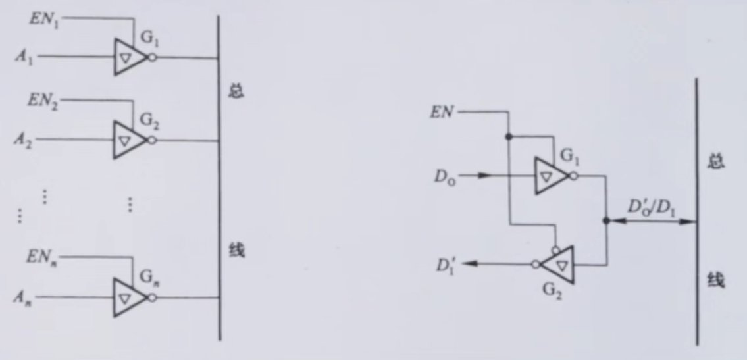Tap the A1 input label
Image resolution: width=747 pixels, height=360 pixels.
(x=24, y=58)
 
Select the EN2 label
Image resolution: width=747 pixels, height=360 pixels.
(x=43, y=102)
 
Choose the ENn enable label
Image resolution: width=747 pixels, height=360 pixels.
(x=42, y=259)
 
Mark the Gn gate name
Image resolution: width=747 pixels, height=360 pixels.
(x=149, y=277)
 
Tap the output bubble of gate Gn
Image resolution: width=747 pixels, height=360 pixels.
(x=153, y=297)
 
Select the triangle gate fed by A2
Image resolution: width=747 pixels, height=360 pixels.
(x=130, y=140)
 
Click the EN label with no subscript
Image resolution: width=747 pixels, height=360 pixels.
(x=442, y=113)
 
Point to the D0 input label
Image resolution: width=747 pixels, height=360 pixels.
(x=444, y=176)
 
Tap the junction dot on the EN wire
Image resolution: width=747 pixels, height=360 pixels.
(x=509, y=137)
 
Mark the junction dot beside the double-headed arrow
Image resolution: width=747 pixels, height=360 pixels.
(x=606, y=221)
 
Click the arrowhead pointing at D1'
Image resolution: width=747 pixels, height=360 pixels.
(x=469, y=264)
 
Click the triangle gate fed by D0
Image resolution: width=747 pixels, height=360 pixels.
(x=551, y=176)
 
